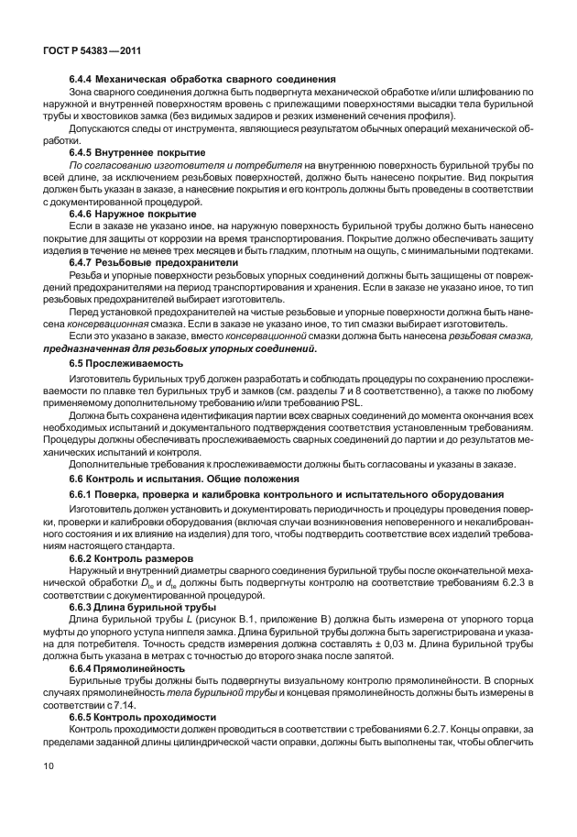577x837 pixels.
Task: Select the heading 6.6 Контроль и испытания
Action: click(183, 479)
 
